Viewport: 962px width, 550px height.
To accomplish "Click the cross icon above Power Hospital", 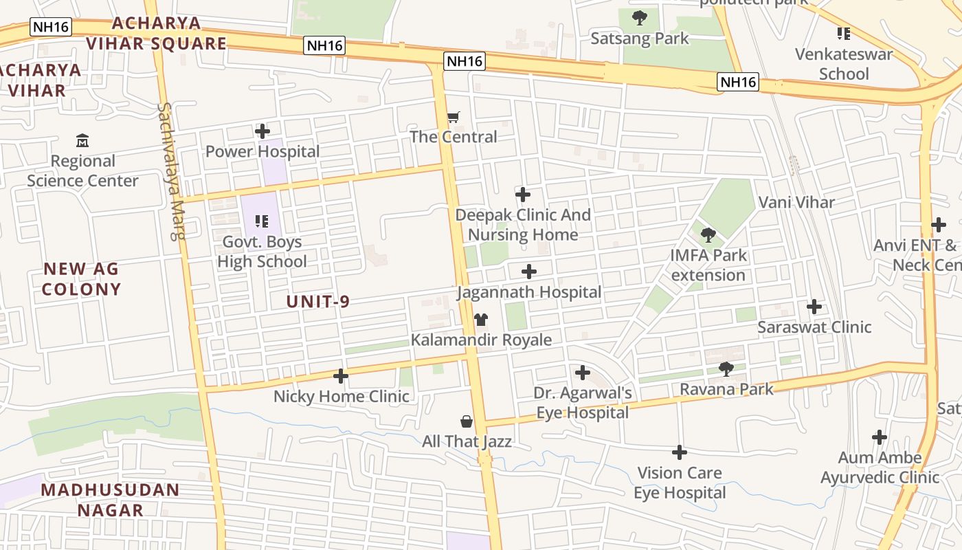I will (x=262, y=131).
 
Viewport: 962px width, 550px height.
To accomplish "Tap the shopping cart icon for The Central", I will (x=453, y=117).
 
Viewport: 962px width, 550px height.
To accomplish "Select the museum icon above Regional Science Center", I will (x=82, y=140).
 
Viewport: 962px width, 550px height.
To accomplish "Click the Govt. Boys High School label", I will (x=262, y=252).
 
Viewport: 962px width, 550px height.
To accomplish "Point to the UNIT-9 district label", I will (x=318, y=301).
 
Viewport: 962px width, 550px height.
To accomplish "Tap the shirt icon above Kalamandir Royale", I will (x=481, y=320).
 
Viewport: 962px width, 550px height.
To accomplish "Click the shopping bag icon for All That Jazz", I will (x=467, y=421).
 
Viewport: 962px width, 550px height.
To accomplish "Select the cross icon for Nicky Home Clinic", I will (x=341, y=376).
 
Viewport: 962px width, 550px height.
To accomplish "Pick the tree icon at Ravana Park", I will (x=726, y=369).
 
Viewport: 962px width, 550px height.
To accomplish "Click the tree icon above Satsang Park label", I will (x=640, y=18).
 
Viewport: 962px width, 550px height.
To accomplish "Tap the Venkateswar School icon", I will (x=844, y=34).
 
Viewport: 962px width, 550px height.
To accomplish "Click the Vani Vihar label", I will (x=796, y=202).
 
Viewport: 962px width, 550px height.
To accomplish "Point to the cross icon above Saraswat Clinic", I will (x=814, y=307).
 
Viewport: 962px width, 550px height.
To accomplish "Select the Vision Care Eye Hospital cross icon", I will (x=679, y=452).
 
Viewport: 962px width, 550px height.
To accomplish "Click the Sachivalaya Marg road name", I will (x=171, y=171).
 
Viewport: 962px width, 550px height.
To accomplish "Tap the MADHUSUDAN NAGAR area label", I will (x=110, y=500).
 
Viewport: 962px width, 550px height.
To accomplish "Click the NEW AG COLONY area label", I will (x=81, y=278).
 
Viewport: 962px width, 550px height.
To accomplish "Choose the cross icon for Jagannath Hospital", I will (x=528, y=272).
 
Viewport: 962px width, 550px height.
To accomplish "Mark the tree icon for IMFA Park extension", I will (x=708, y=235).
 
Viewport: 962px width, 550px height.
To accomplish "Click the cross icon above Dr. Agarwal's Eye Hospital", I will (x=583, y=373).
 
